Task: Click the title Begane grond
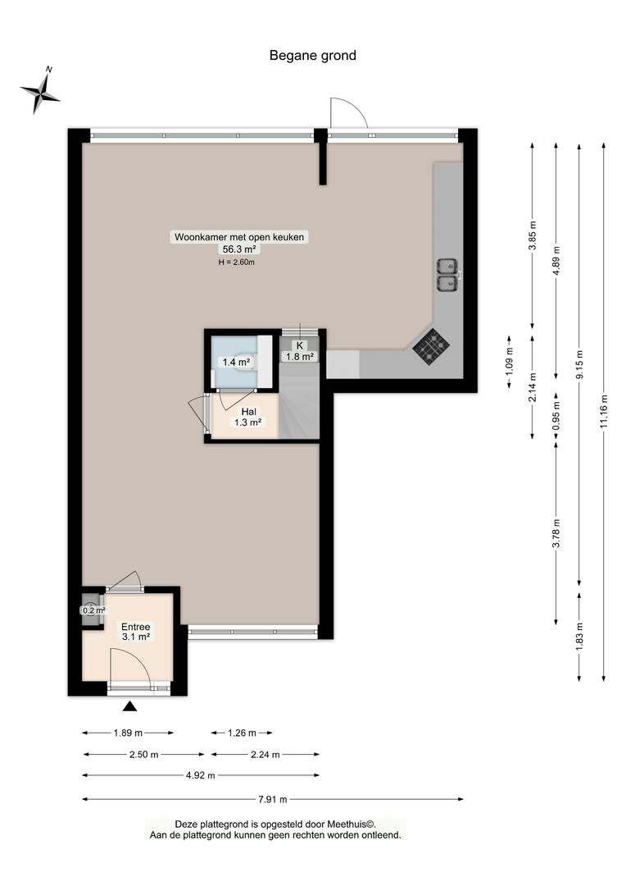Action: click(313, 56)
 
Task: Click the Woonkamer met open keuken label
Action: click(238, 237)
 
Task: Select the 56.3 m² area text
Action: click(239, 249)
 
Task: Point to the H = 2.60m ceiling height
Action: click(237, 263)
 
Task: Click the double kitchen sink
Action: click(447, 274)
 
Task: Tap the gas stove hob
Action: click(431, 347)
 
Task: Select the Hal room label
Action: click(248, 412)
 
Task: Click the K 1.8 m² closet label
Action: click(300, 351)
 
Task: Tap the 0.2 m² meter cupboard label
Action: click(93, 610)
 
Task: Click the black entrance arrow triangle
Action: click(130, 706)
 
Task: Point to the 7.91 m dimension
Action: click(273, 799)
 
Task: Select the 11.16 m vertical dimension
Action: click(603, 411)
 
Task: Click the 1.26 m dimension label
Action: click(242, 733)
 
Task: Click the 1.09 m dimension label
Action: click(510, 362)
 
